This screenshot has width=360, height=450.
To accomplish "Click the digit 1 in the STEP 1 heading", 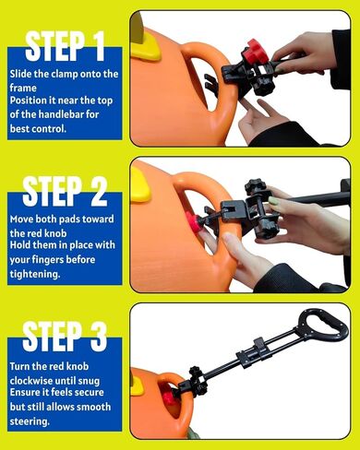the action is coord(98,46).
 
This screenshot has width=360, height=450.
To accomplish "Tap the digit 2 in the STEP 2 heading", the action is coord(98,191).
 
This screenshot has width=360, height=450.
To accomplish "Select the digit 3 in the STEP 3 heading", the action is coord(98,337).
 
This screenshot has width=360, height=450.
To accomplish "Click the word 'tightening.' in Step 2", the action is coord(35,274).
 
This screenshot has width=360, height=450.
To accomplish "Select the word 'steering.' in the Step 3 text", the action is coord(30,421).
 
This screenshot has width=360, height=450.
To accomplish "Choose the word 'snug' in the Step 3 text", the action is coord(89,381).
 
